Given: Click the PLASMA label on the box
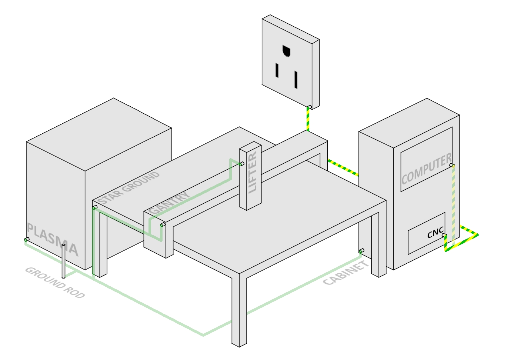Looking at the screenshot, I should click(x=53, y=240).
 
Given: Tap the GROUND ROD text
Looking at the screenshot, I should click(x=55, y=283).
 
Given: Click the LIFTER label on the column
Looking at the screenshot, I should click(x=253, y=172).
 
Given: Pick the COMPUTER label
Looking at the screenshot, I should click(x=426, y=169).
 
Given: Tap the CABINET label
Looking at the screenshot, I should click(x=346, y=273).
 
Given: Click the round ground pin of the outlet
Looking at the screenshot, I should click(x=286, y=51).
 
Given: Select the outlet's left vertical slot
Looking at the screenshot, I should click(x=277, y=70).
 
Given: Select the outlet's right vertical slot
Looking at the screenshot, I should click(x=296, y=80).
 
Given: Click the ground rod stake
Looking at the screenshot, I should click(x=64, y=261).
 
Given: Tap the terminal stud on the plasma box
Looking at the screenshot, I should click(x=26, y=240).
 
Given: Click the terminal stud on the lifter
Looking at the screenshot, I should click(x=242, y=164).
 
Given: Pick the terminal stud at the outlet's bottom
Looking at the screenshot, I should click(x=309, y=107).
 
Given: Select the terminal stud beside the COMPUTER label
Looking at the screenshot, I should click(x=452, y=165).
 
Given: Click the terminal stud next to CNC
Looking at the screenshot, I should click(x=444, y=235).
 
